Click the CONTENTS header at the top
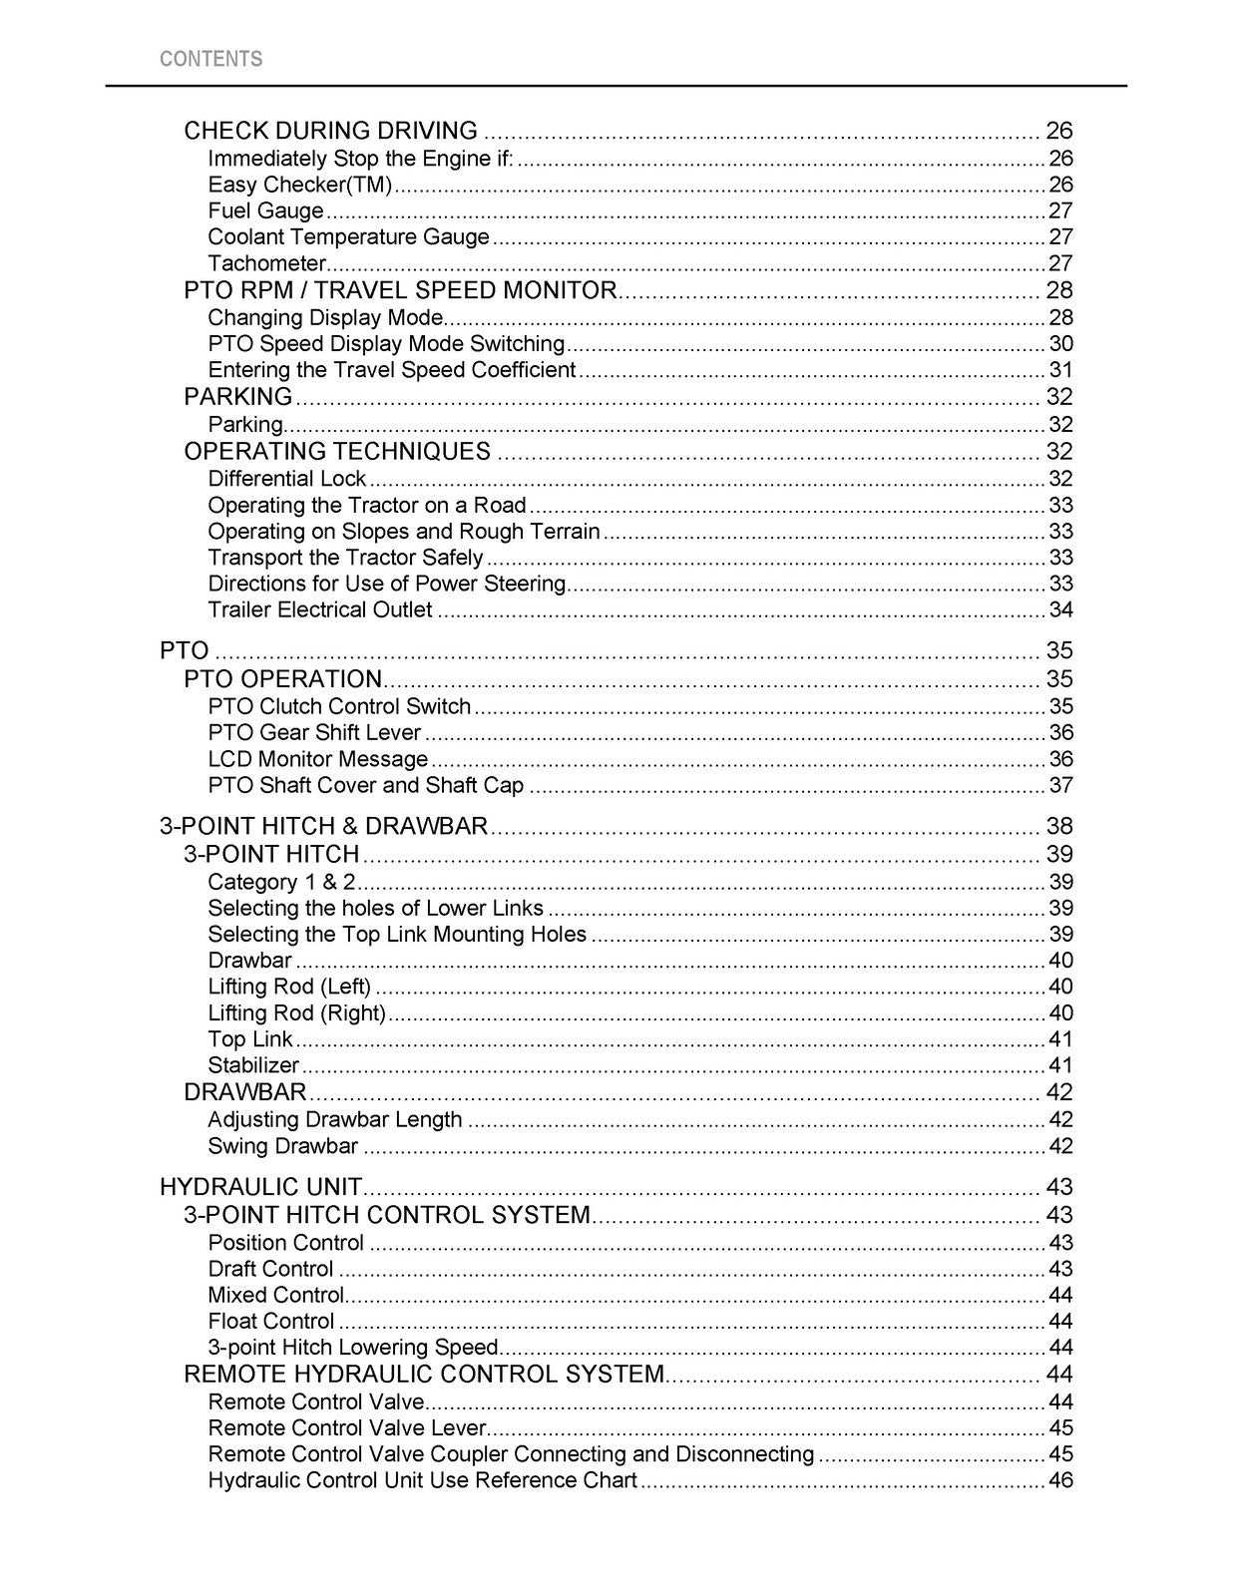click(210, 59)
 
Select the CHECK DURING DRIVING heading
click(330, 131)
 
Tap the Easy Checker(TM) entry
click(299, 185)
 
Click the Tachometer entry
click(266, 263)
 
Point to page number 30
click(1060, 344)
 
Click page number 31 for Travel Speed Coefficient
click(1060, 370)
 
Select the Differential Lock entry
click(286, 479)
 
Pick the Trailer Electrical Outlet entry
click(319, 610)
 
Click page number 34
click(1060, 610)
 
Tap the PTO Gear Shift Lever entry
click(314, 733)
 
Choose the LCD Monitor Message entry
click(317, 759)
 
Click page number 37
click(1060, 786)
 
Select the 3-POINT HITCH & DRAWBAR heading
click(323, 826)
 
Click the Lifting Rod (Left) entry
click(289, 987)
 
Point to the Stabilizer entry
click(253, 1065)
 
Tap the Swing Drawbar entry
click(282, 1146)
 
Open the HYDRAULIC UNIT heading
click(260, 1187)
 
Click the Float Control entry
click(270, 1322)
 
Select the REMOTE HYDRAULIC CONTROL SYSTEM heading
click(424, 1375)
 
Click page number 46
click(1060, 1480)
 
